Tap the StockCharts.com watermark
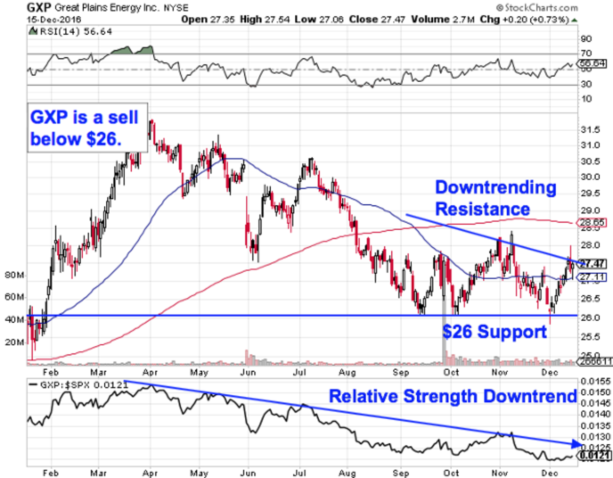point(536,8)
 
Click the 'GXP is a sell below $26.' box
point(87,128)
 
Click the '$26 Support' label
point(494,332)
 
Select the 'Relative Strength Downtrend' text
point(452,396)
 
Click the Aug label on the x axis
point(348,372)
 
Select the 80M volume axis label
point(14,276)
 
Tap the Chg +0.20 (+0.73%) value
point(531,19)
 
